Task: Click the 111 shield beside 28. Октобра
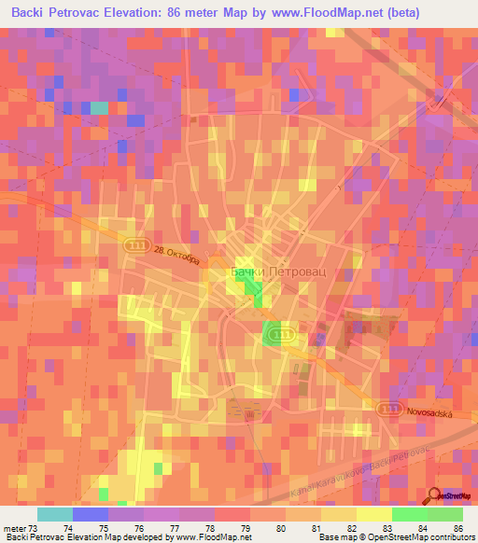point(136,242)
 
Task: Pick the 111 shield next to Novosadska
point(387,409)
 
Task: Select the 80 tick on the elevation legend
point(281,527)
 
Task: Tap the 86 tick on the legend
point(457,527)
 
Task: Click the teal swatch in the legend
point(55,514)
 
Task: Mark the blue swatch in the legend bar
point(91,514)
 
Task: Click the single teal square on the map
point(99,107)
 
